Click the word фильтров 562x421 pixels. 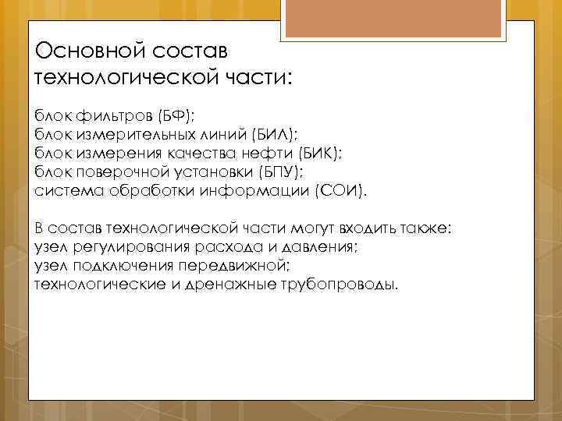[x=114, y=117]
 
